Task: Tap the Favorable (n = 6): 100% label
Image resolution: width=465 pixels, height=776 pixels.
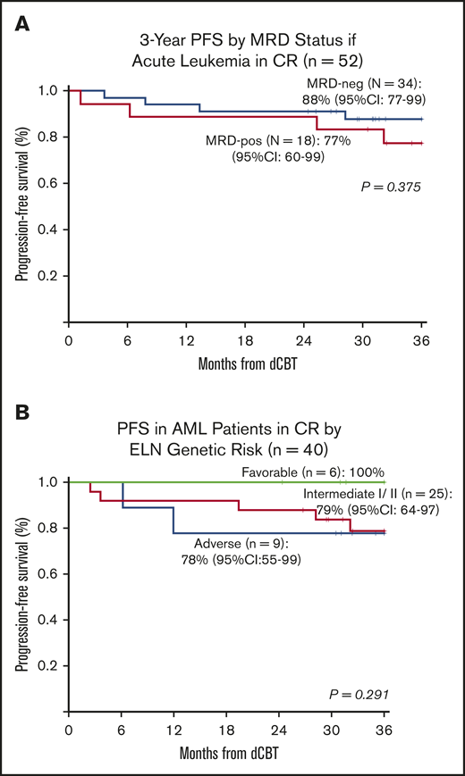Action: [321, 469]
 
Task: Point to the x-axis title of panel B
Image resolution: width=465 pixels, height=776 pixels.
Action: [227, 752]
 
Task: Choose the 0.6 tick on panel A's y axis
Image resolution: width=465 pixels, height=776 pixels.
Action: [48, 183]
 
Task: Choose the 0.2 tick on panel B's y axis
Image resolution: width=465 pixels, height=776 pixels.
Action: [48, 666]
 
